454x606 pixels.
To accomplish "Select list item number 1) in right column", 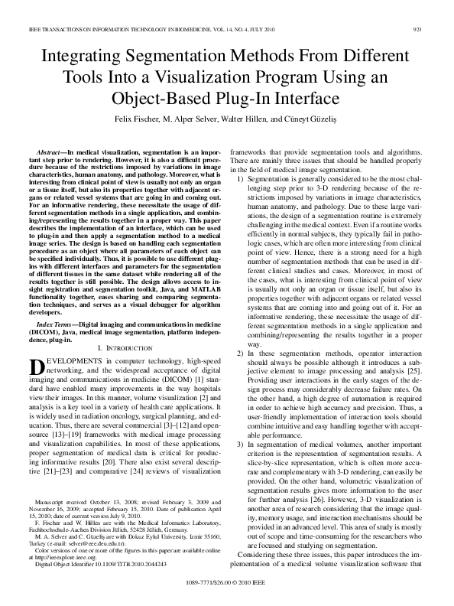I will point(241,178).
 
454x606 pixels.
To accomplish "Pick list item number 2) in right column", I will point(241,353).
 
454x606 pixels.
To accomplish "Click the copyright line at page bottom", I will point(227,582).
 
